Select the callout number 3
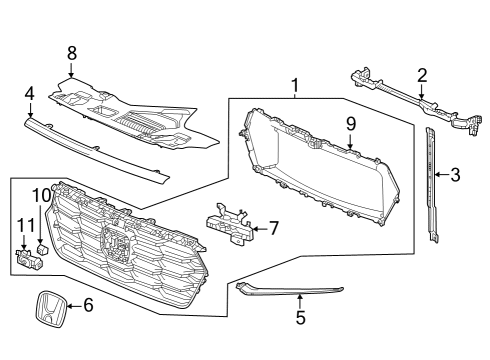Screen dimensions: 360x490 click(x=455, y=176)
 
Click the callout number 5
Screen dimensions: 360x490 click(x=299, y=320)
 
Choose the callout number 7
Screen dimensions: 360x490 click(x=272, y=228)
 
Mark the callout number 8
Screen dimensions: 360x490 click(x=71, y=52)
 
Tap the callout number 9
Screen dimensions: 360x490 click(x=351, y=124)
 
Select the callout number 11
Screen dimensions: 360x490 click(x=24, y=225)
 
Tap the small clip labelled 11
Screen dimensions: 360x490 click(x=27, y=260)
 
